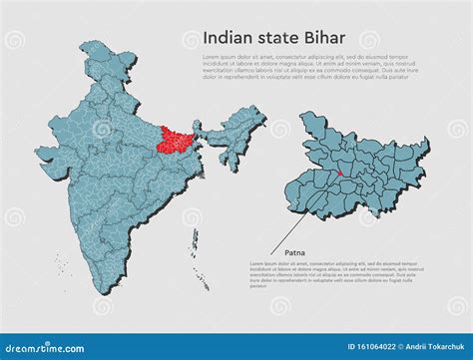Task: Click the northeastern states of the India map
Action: (x=239, y=125)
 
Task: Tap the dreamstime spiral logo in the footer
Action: (x=10, y=346)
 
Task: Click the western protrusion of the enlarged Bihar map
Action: (x=293, y=180)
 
